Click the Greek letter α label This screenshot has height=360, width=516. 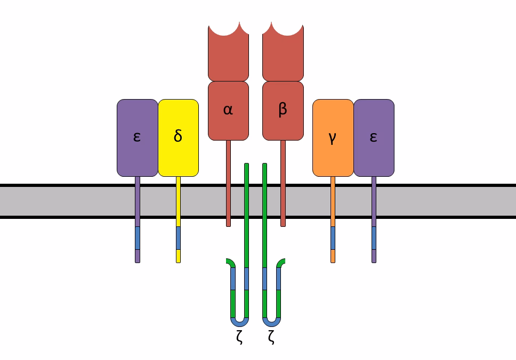click(228, 110)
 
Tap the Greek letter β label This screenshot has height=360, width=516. click(283, 109)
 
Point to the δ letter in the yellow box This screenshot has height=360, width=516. click(178, 136)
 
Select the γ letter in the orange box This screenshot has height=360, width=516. click(333, 137)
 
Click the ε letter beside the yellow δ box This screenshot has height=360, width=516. click(137, 136)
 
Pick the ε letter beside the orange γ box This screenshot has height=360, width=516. click(373, 136)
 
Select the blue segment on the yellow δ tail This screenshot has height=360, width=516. click(178, 238)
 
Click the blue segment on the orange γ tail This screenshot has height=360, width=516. click(333, 238)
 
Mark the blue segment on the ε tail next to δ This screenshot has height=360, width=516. click(138, 238)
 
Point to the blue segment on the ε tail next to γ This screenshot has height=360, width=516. click(374, 238)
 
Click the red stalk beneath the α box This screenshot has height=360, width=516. click(228, 181)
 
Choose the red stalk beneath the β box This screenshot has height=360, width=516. click(283, 181)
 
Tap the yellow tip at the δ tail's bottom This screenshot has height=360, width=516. click(178, 256)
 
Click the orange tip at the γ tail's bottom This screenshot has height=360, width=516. click(333, 256)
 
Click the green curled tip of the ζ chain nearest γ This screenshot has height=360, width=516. click(281, 261)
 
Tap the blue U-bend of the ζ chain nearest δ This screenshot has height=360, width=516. click(239, 322)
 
